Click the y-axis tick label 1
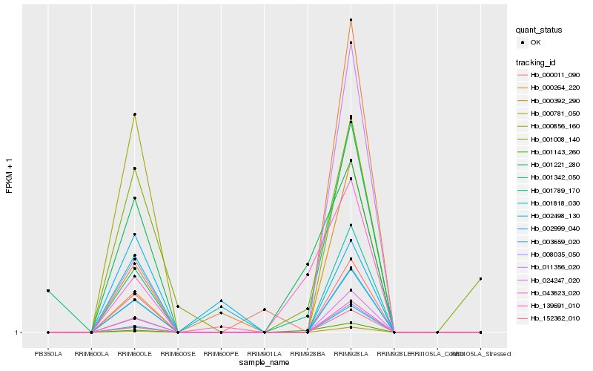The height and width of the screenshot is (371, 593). click(x=17, y=332)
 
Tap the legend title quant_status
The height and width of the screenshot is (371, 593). click(x=539, y=30)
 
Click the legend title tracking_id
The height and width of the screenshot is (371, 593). click(x=537, y=62)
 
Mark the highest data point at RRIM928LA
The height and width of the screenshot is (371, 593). click(x=351, y=20)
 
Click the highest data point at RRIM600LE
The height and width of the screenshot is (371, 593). click(x=134, y=114)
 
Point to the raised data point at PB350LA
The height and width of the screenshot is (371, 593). click(x=48, y=291)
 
